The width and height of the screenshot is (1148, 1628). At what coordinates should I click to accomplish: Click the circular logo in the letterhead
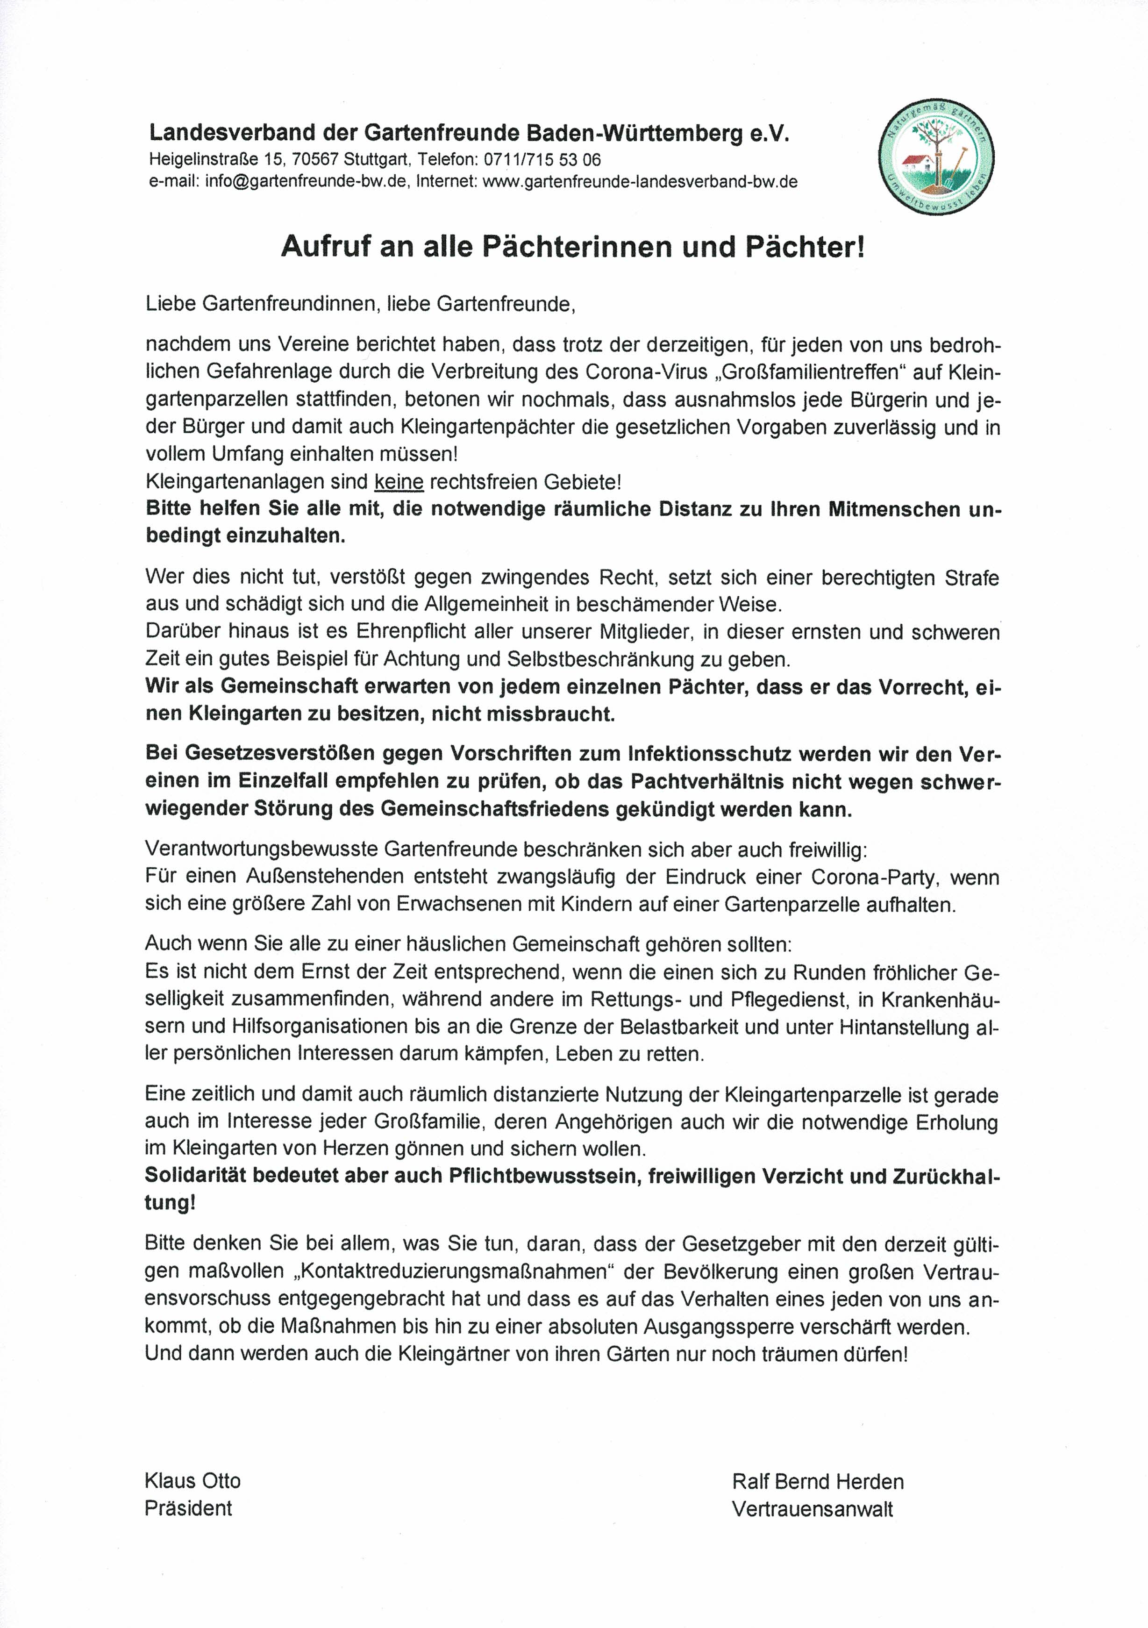coord(936,156)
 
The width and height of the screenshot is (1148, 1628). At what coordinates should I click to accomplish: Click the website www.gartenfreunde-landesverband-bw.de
coord(640,181)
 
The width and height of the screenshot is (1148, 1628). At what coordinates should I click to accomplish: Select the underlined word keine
coord(399,482)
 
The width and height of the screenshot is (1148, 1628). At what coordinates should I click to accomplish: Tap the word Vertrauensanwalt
coord(812,1509)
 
